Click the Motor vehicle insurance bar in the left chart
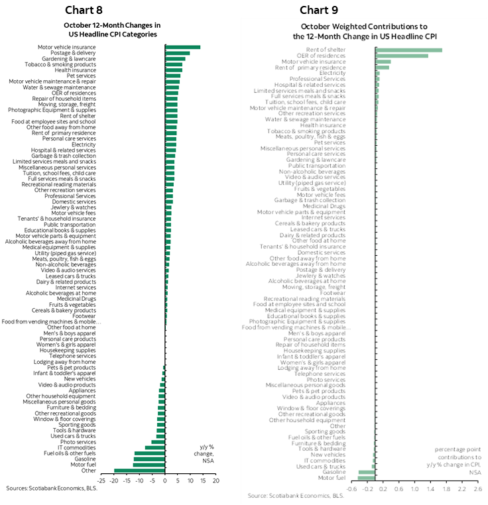coord(182,47)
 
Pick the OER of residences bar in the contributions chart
coord(402,56)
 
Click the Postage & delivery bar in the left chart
coord(177,53)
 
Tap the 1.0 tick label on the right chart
coord(414,488)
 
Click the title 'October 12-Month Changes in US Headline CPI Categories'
coord(112,29)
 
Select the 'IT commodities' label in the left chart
coord(76,447)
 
